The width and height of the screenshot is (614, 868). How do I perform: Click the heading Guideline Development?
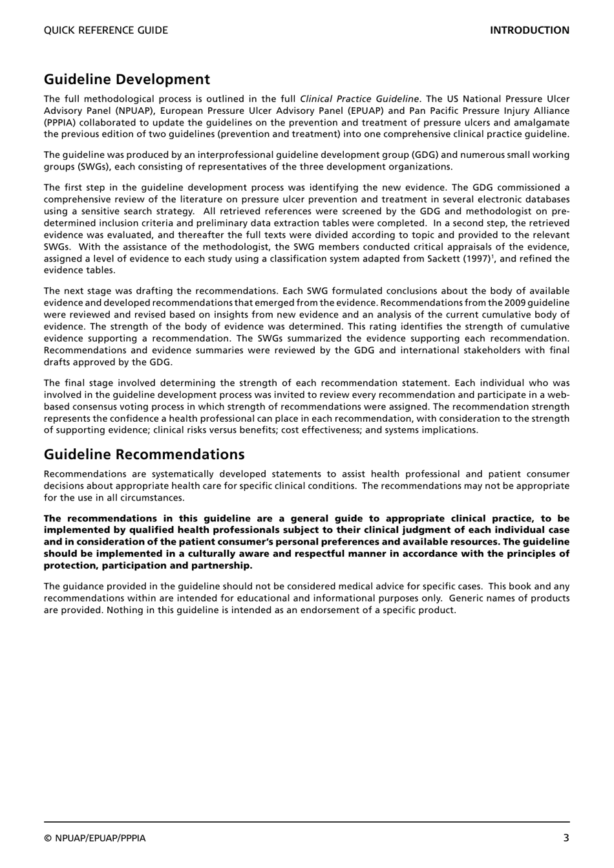(127, 79)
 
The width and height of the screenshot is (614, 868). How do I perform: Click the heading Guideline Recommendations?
(144, 454)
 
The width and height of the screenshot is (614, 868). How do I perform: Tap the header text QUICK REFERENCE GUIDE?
(105, 30)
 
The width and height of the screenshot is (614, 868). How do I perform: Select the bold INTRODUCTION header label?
(529, 30)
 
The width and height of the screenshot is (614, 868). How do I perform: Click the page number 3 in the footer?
(566, 838)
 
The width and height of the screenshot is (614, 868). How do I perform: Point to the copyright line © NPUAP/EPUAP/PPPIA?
(95, 838)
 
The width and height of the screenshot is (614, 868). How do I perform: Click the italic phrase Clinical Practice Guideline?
(359, 99)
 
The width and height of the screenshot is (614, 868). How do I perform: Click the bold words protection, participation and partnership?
(147, 565)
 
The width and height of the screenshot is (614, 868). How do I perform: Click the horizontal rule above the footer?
(307, 823)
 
